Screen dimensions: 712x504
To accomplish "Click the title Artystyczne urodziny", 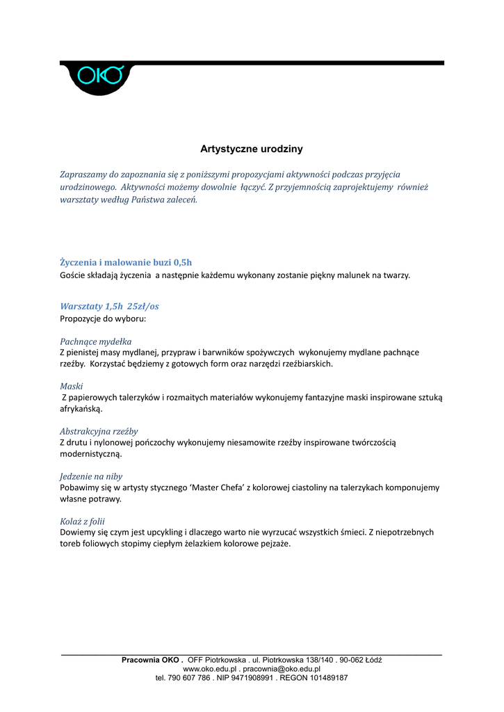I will tap(252, 149).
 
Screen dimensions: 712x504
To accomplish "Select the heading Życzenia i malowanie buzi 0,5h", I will tap(126, 262).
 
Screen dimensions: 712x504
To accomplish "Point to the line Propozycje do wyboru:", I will tap(103, 318).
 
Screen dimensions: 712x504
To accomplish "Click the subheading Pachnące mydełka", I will tap(95, 341).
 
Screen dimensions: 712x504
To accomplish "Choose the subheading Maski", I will tap(72, 386).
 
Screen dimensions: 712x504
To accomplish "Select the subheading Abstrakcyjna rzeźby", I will tap(99, 431).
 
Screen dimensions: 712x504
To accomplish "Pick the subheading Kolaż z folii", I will tap(83, 521).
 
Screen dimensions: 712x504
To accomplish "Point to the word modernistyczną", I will tap(90, 454).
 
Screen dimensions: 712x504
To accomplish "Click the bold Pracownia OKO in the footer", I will tap(151, 660).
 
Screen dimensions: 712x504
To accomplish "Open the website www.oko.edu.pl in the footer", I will tap(208, 669).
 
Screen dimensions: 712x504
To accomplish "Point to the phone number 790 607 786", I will tap(189, 677).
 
